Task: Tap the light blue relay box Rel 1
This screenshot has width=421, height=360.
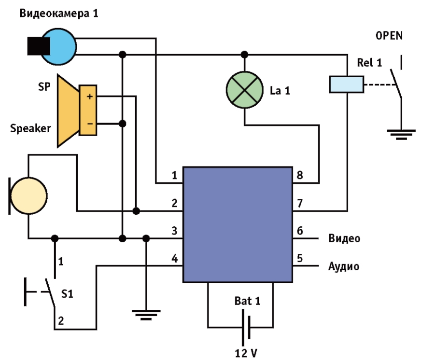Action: click(x=346, y=84)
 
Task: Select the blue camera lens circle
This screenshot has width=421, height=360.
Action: click(x=59, y=46)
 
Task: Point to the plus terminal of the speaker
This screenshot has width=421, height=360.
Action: click(x=89, y=97)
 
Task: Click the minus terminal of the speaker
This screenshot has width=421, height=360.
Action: click(x=89, y=124)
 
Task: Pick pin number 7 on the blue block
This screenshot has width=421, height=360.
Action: click(x=300, y=204)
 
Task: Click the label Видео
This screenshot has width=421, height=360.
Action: click(x=344, y=238)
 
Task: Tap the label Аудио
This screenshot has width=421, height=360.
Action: click(x=344, y=266)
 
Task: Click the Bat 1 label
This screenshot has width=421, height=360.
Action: click(x=247, y=302)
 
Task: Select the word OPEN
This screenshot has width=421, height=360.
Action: click(x=389, y=36)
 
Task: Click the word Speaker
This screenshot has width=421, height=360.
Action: click(x=30, y=128)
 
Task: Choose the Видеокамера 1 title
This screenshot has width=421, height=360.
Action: click(x=59, y=13)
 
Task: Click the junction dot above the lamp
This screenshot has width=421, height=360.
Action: click(x=244, y=54)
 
